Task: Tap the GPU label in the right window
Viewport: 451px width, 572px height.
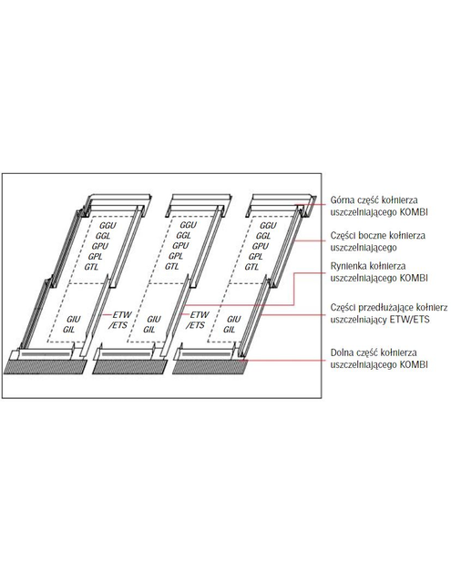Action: pos(260,247)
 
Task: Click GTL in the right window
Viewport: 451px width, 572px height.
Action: pos(257,268)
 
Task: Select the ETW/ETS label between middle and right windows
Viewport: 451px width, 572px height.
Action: pos(198,320)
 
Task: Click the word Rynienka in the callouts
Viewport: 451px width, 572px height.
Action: pos(347,264)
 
